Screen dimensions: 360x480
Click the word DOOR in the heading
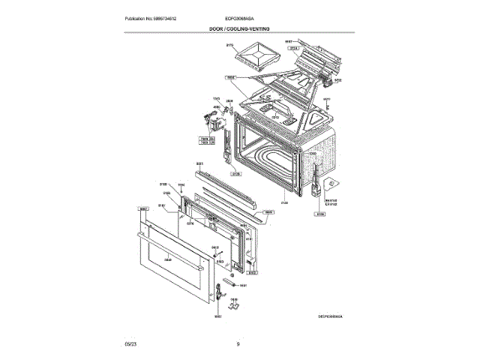(x=218, y=28)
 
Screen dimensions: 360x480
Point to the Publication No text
(x=154, y=17)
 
